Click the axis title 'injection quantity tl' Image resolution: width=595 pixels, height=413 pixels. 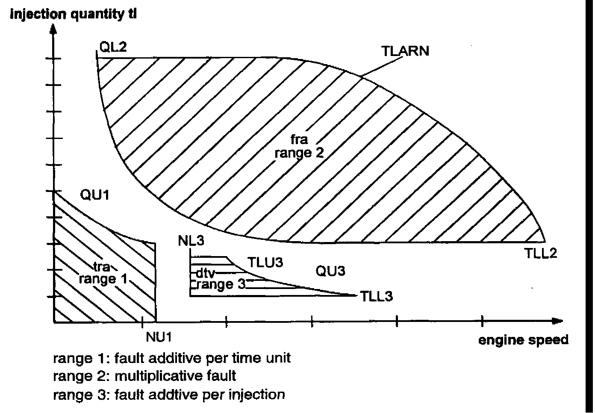[73, 14]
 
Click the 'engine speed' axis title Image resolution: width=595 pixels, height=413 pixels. [523, 340]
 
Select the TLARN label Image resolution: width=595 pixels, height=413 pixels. [404, 51]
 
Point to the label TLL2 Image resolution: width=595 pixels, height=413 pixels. [541, 254]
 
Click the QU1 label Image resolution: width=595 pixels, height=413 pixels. [95, 195]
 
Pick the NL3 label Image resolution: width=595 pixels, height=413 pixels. [191, 241]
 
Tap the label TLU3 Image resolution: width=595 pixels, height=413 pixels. [265, 262]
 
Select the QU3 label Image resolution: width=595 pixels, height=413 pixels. [330, 271]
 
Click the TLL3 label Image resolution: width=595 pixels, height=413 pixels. [376, 296]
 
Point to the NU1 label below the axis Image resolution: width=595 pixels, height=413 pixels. [159, 337]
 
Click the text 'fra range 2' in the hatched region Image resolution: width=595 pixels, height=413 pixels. [299, 146]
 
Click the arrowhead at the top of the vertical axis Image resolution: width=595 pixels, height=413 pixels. [53, 29]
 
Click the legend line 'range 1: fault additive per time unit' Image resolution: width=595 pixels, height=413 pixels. [171, 357]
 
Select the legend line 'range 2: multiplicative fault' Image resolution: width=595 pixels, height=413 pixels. [144, 376]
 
